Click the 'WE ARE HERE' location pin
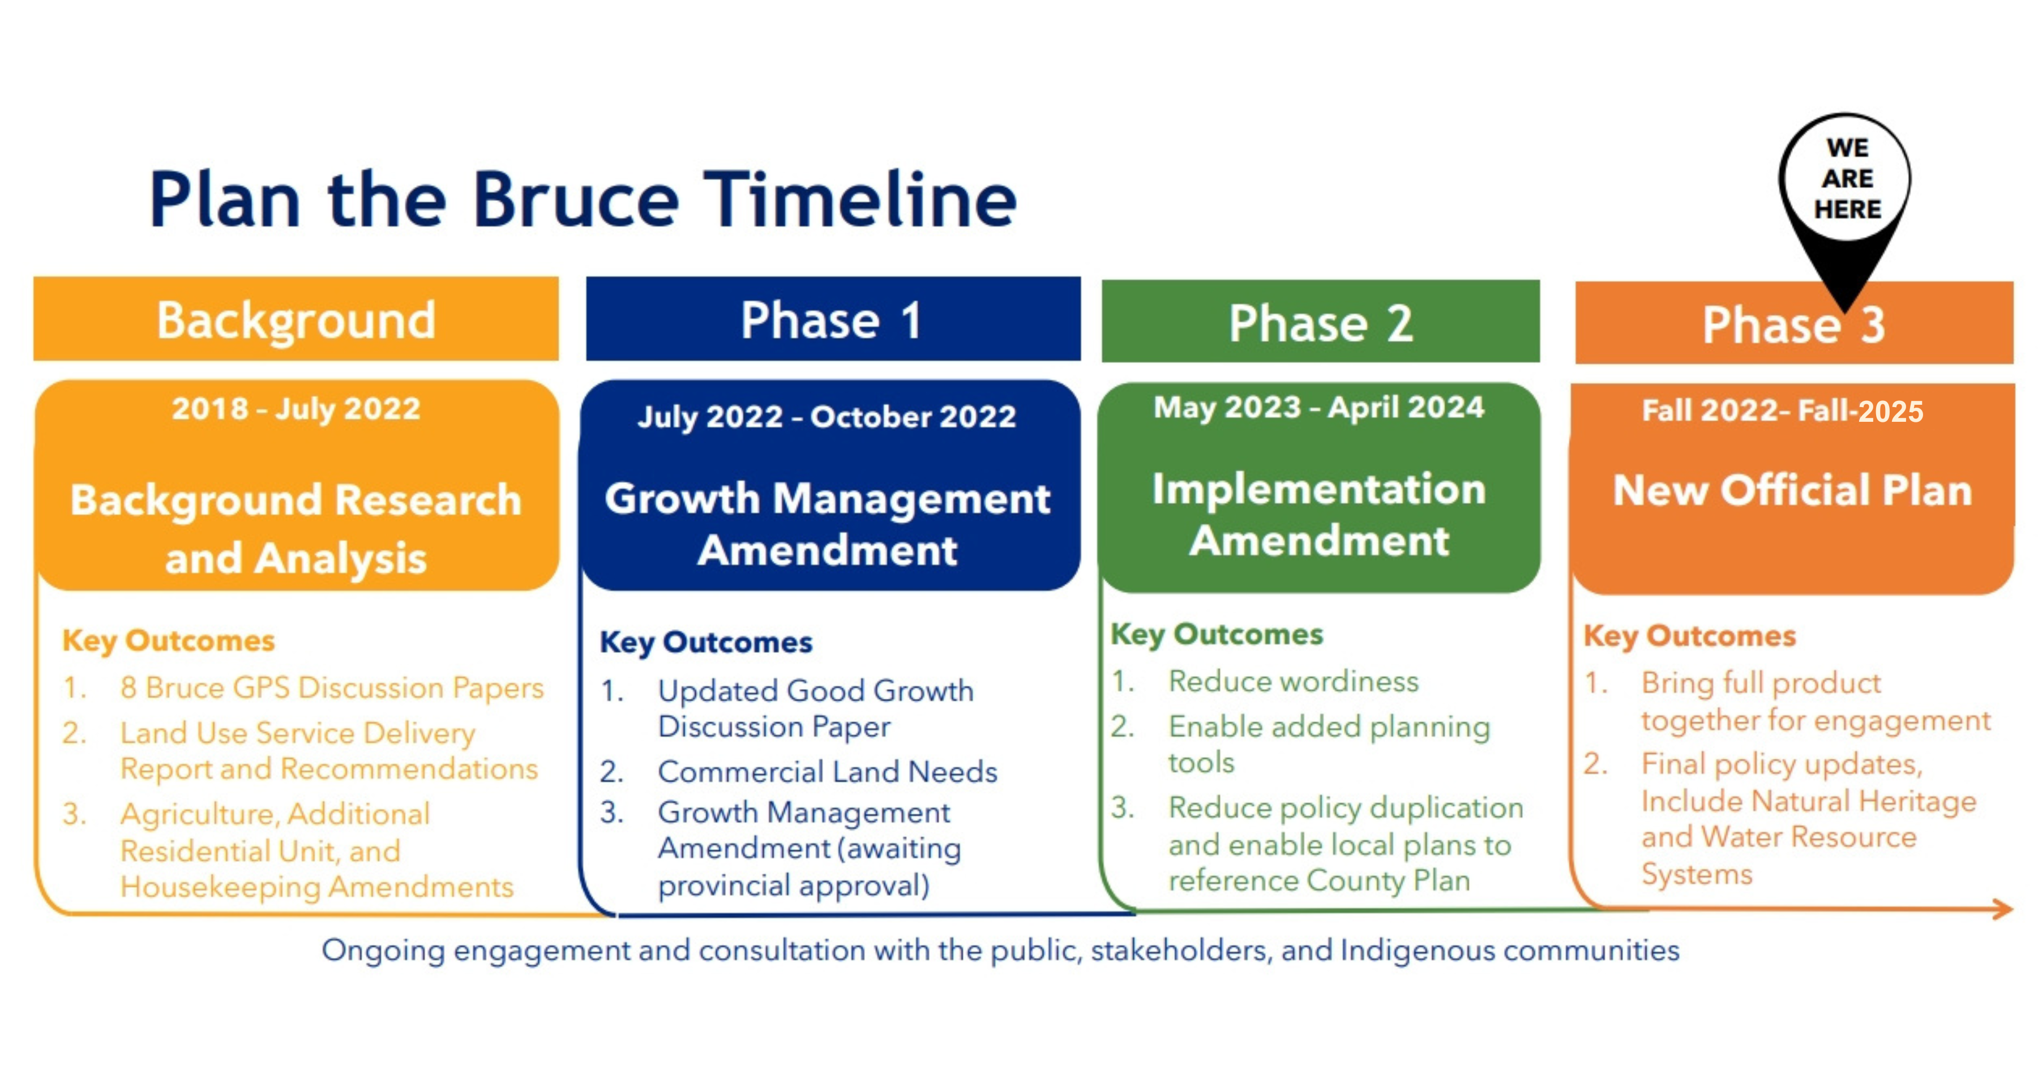pyautogui.click(x=1846, y=198)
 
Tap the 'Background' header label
pyautogui.click(x=296, y=320)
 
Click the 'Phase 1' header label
pyautogui.click(x=832, y=320)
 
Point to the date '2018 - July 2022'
pyautogui.click(x=297, y=409)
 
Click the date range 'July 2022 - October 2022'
pyautogui.click(x=827, y=417)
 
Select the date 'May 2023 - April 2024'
pyautogui.click(x=1319, y=408)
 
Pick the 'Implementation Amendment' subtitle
pyautogui.click(x=1319, y=514)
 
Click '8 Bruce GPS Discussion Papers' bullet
pyautogui.click(x=332, y=687)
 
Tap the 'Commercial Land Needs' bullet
pyautogui.click(x=828, y=772)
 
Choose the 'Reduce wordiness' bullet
pyautogui.click(x=1294, y=681)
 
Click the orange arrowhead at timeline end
pyautogui.click(x=2003, y=909)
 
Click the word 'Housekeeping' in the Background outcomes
pyautogui.click(x=220, y=888)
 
